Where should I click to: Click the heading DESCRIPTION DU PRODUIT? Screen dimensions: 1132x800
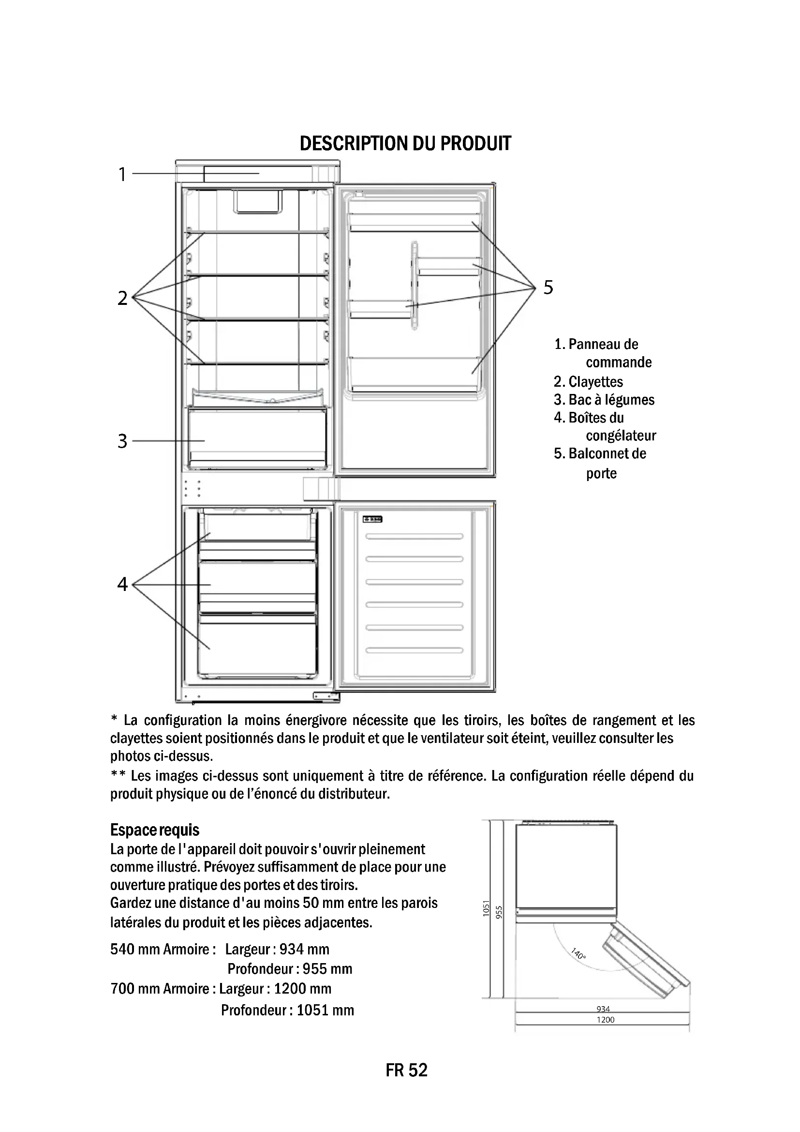click(405, 143)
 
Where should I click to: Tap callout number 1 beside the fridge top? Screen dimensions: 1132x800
click(122, 175)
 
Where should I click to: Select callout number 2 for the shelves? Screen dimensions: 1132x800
click(122, 298)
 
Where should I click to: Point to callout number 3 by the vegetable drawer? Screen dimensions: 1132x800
click(122, 441)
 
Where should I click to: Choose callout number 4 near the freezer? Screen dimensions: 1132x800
click(122, 584)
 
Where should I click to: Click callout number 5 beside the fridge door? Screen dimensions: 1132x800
click(548, 287)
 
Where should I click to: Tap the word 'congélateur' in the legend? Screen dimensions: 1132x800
click(621, 436)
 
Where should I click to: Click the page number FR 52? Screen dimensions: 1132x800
click(406, 1070)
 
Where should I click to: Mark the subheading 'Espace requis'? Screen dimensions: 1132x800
click(155, 830)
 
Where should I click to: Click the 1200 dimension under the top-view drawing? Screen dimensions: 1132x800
click(606, 1020)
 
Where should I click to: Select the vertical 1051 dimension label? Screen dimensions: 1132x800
click(486, 907)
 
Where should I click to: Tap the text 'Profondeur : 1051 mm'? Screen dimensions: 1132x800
click(287, 1010)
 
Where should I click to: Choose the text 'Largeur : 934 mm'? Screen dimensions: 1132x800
click(277, 949)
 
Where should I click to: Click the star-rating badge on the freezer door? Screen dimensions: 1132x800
click(373, 519)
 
